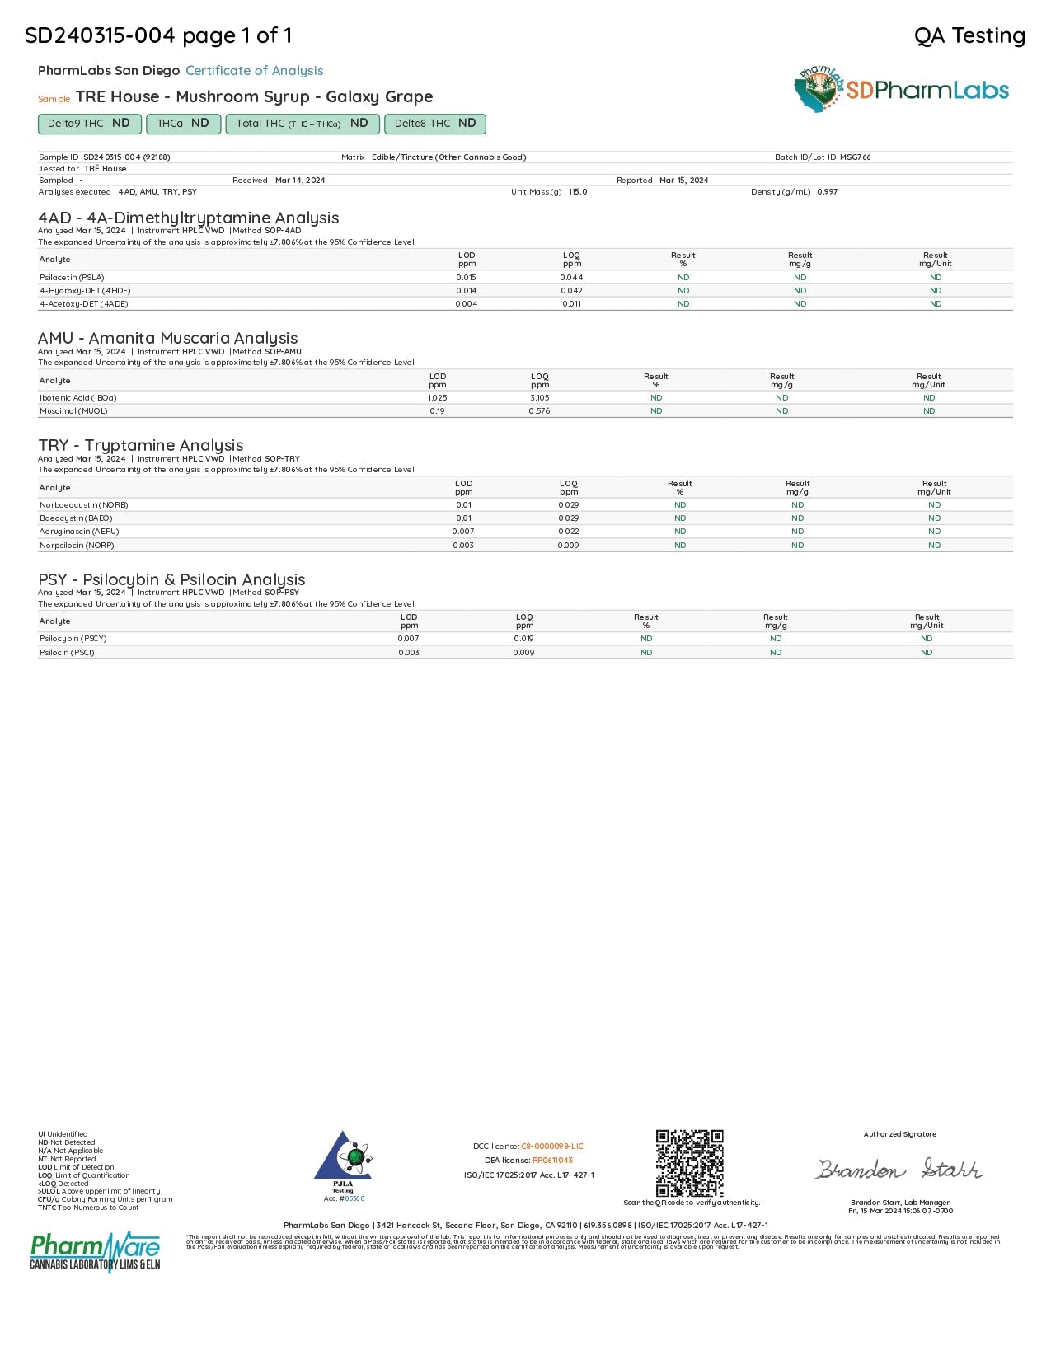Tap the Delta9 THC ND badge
point(89,124)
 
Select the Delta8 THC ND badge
point(435,124)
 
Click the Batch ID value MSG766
point(855,157)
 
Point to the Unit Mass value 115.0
point(578,191)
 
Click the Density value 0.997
point(827,191)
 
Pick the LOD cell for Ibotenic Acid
point(437,397)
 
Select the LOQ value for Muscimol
point(539,410)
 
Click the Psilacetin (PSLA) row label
point(72,277)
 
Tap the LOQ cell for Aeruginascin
point(568,532)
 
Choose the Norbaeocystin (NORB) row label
point(83,504)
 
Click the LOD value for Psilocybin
point(408,638)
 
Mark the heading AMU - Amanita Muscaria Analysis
point(167,338)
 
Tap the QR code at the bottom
point(689,1163)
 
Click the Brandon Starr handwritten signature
point(899,1170)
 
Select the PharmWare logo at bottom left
point(95,1252)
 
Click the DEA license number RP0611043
point(552,1160)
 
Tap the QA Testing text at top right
point(969,35)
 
